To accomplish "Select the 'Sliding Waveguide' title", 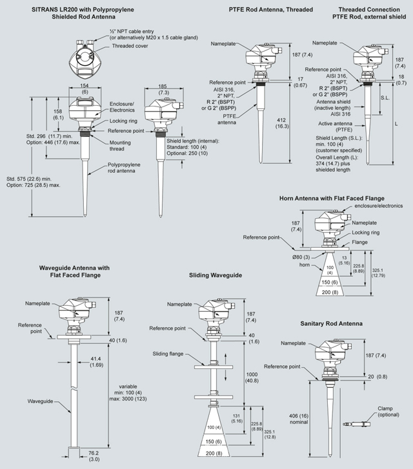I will pos(216,275).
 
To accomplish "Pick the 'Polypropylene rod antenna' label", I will pos(128,168).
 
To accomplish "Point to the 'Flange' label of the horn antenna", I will pos(360,243).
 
